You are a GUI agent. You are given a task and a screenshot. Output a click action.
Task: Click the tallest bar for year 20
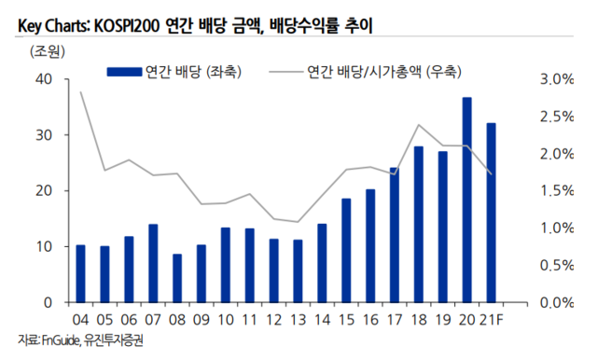point(466,200)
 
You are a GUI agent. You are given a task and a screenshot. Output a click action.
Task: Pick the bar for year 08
point(177,278)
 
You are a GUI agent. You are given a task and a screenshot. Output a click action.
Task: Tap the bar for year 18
point(418,224)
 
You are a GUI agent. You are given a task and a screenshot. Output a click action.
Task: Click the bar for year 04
point(80,273)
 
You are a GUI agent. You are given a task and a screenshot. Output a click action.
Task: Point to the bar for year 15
point(345,250)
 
